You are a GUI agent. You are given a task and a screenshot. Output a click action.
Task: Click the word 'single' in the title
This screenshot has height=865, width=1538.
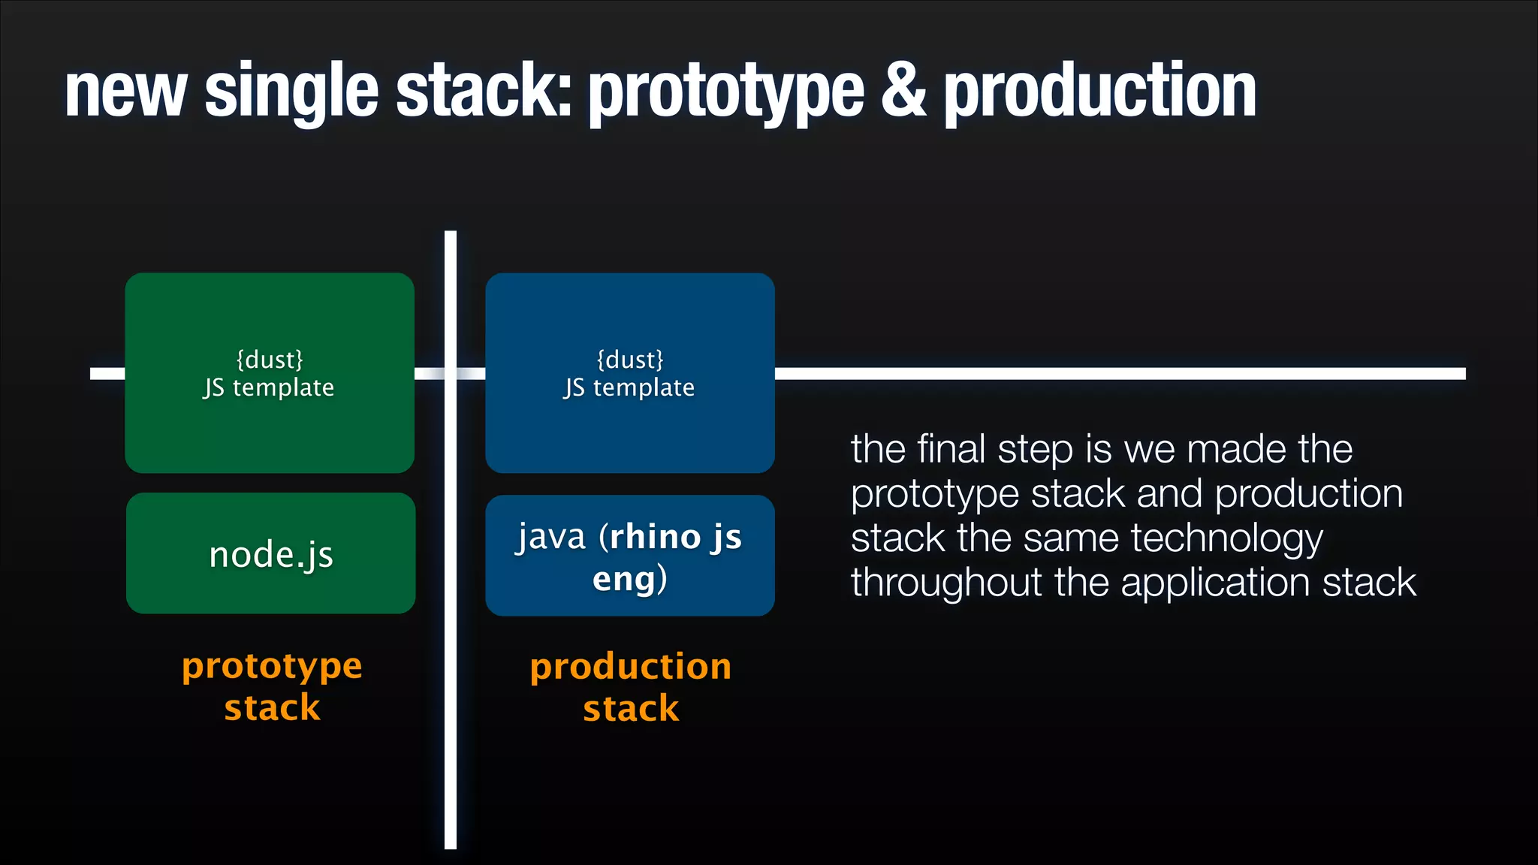tap(291, 92)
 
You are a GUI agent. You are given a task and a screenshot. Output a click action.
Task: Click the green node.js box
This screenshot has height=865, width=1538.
tap(270, 554)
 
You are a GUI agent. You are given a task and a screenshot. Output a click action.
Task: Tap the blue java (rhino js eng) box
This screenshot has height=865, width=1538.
tap(629, 556)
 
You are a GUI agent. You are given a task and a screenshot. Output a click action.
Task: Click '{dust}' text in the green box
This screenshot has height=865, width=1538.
tap(270, 360)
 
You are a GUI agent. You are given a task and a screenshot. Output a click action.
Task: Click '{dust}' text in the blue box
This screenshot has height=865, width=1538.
tap(630, 360)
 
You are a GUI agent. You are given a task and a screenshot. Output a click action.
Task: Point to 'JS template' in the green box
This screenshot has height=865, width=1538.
tap(269, 388)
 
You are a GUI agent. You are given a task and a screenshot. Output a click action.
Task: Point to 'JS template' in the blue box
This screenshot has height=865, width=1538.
tap(629, 388)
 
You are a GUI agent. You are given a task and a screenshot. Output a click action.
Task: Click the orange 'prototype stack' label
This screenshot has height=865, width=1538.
tap(272, 686)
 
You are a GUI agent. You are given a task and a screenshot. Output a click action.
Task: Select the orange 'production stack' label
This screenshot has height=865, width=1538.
tap(631, 687)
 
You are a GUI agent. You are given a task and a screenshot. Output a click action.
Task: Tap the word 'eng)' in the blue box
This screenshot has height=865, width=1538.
tap(629, 579)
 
